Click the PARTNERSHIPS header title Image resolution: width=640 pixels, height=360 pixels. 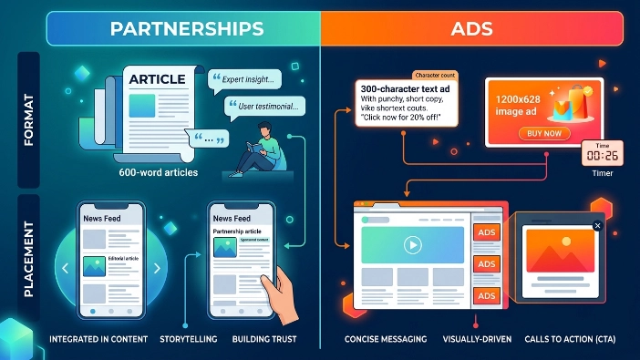186,28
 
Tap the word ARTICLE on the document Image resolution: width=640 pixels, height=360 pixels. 158,80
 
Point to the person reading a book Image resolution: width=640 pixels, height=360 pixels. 263,146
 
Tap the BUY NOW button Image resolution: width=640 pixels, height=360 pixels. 543,133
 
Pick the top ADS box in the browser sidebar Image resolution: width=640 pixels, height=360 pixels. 487,233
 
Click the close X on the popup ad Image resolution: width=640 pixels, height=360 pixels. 597,225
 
